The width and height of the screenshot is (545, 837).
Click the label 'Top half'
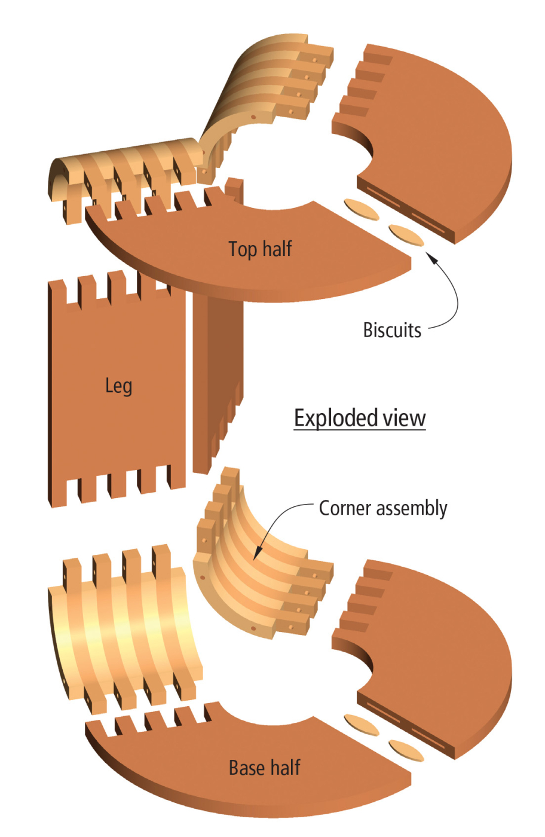tap(260, 249)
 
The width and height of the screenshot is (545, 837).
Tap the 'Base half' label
tap(264, 768)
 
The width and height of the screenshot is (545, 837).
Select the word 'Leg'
tap(118, 386)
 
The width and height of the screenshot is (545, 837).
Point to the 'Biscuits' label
tap(392, 330)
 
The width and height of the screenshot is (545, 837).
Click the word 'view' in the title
tap(405, 417)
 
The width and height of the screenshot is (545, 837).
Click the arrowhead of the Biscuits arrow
tap(430, 256)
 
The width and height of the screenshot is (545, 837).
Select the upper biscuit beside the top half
tap(362, 209)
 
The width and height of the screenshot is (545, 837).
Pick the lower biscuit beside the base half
tap(406, 750)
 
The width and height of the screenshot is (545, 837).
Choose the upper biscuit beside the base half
tap(362, 725)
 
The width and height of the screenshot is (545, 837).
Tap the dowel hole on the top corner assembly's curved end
tap(253, 117)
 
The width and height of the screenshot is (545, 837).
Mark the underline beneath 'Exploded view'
tap(360, 430)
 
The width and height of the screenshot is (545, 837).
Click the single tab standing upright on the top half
tap(234, 190)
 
